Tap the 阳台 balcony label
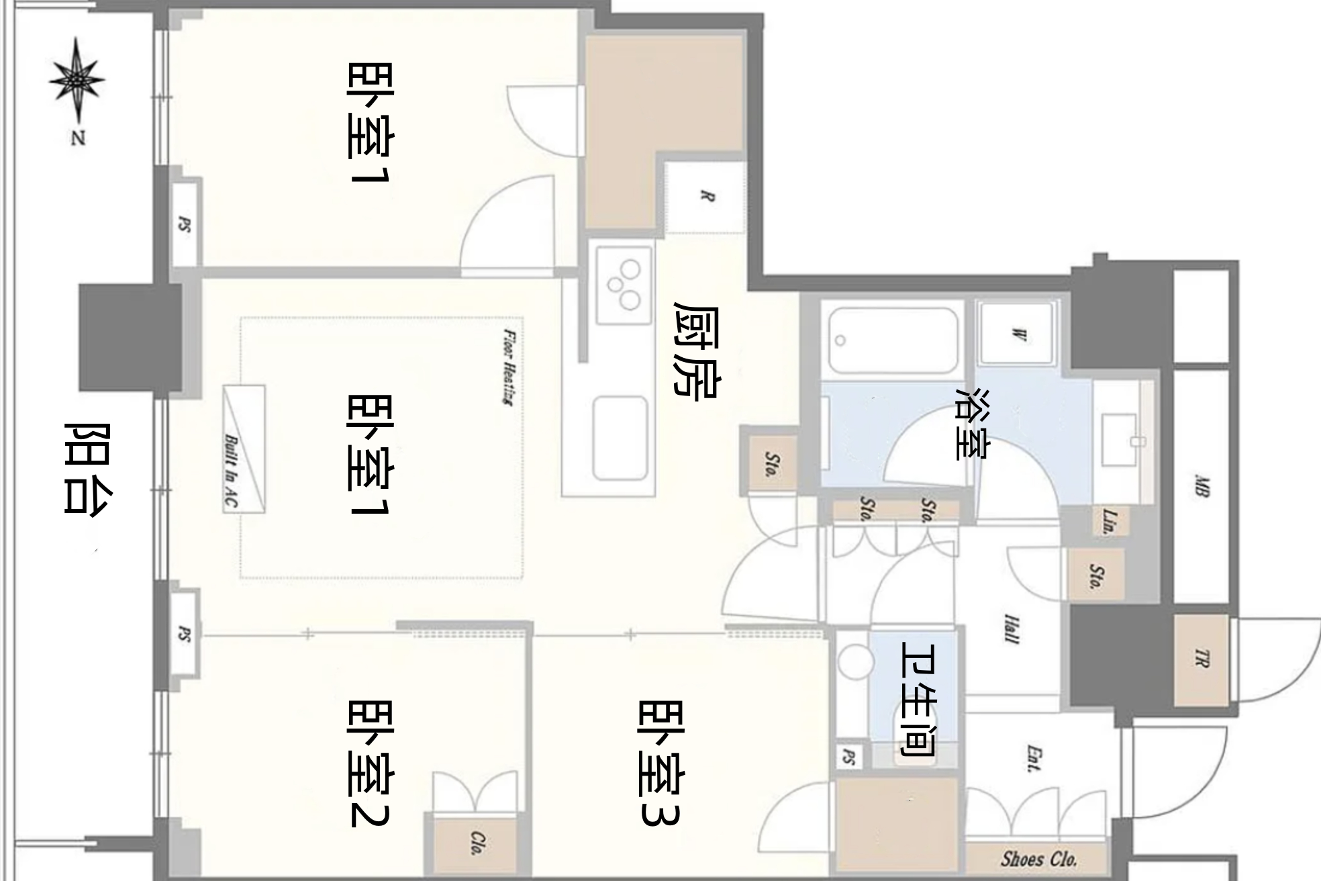88,468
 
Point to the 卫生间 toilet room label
918,698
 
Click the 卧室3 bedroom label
660,761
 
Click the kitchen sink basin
620,438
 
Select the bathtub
893,340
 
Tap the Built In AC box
244,449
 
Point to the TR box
1201,659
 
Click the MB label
1202,485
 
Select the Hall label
1012,629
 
